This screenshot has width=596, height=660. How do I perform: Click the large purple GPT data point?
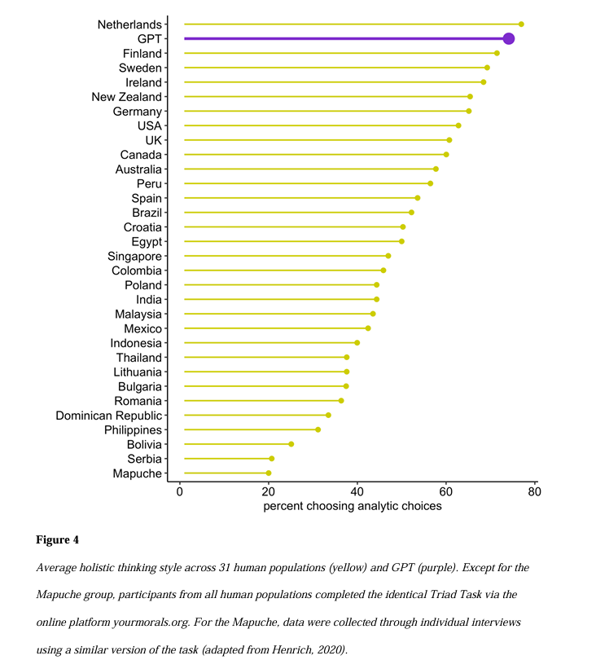(x=509, y=38)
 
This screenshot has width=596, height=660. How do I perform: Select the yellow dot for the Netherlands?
(x=521, y=24)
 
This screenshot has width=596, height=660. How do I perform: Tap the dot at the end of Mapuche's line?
(x=269, y=473)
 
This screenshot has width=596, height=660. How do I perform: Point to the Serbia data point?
(x=272, y=459)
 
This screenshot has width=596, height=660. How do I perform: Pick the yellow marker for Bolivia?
(x=291, y=444)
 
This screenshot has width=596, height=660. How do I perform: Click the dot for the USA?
(x=458, y=125)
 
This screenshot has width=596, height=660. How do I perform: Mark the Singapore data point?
(x=388, y=256)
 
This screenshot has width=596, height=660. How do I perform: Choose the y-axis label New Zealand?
(x=127, y=97)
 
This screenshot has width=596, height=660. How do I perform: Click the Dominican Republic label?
(x=109, y=416)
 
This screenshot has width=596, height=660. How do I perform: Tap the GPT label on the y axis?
(x=150, y=39)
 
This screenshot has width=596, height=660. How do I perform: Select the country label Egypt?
(x=147, y=242)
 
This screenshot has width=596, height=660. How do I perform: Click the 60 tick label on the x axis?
(x=445, y=492)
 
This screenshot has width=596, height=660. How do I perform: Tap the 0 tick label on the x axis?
(x=180, y=492)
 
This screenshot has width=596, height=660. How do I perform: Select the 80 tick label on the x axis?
(x=534, y=492)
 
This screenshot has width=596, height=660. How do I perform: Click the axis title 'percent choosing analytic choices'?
(x=353, y=506)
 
